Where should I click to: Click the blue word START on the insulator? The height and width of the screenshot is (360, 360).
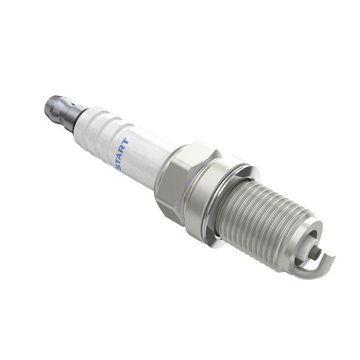pyautogui.click(x=121, y=154)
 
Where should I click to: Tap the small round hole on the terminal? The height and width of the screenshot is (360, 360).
pyautogui.click(x=60, y=120)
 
